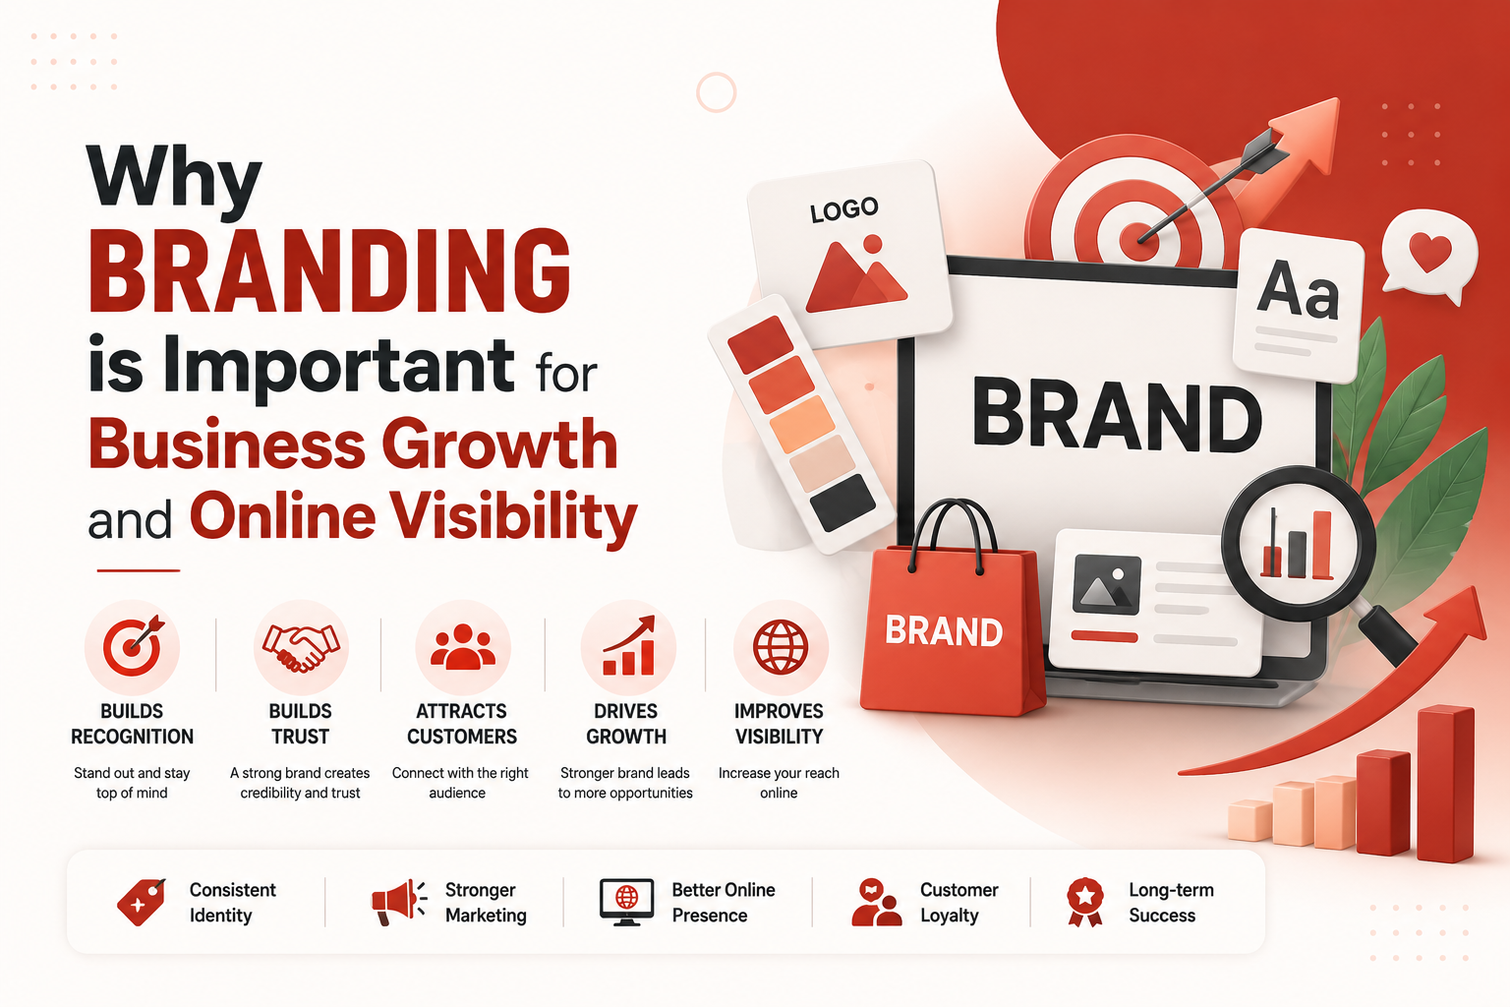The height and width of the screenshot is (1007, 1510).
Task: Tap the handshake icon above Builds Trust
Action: (301, 647)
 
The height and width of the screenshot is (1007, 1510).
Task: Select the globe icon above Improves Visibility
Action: (780, 647)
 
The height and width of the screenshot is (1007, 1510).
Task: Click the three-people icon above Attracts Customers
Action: (463, 647)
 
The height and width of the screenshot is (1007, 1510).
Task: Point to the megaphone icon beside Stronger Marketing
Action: (399, 902)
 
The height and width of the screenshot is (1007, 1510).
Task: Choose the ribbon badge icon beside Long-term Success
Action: (1085, 902)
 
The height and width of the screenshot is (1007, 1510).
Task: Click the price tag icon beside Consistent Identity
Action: (141, 902)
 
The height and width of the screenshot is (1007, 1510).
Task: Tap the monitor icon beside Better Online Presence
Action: (626, 902)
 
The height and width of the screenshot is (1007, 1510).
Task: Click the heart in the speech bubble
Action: (1429, 253)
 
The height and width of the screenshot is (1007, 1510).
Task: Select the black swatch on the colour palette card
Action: (842, 503)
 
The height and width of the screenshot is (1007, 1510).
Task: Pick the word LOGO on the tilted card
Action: (844, 210)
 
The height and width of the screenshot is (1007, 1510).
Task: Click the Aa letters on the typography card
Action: (1298, 290)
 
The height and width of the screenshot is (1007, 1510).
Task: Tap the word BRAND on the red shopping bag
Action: (943, 631)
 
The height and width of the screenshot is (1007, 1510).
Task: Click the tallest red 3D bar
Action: (1445, 784)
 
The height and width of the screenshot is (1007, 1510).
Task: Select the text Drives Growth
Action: (626, 724)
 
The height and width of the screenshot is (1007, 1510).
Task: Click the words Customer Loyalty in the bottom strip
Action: (959, 903)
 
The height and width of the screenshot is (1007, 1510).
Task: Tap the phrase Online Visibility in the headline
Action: (413, 516)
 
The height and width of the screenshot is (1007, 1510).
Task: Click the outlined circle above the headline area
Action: (716, 92)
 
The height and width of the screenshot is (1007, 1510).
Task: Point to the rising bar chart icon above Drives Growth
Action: (628, 645)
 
